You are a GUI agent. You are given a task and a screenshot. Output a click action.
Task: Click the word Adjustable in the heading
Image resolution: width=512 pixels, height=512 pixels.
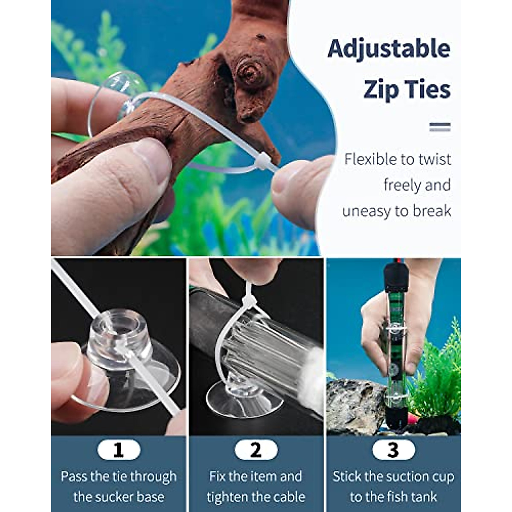point(389,49)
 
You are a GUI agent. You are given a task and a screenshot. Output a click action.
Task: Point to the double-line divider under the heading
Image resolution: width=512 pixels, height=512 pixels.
point(440,127)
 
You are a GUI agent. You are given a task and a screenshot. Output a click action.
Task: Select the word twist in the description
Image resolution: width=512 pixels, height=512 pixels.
point(431,159)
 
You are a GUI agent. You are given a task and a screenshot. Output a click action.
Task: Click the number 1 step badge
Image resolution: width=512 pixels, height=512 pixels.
point(119,450)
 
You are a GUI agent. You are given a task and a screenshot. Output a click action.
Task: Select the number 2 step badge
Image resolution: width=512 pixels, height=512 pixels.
point(256,450)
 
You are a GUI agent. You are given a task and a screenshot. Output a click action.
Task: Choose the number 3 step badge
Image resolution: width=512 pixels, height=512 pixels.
point(393,450)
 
